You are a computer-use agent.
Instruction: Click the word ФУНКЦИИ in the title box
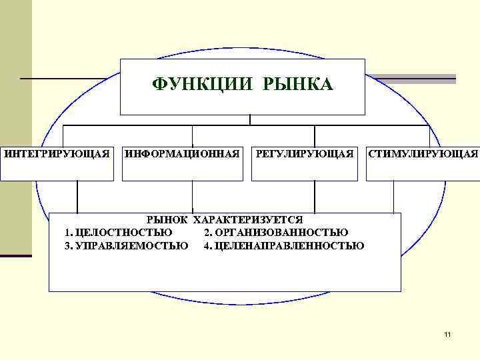point(203,85)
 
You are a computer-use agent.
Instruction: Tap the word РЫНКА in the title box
point(298,85)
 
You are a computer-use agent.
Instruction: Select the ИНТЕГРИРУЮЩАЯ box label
point(57,154)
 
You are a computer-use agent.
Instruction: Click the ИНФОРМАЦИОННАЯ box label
point(182,154)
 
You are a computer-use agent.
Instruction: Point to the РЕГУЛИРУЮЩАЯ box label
point(305,154)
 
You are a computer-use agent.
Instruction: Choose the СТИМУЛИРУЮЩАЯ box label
point(424,154)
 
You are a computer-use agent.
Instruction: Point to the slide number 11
point(447,334)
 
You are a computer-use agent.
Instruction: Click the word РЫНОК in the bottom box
point(169,219)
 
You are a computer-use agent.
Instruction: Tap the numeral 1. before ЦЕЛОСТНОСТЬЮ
point(69,233)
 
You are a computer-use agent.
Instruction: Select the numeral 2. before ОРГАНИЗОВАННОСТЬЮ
point(209,233)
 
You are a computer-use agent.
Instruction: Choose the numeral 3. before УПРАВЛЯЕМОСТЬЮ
point(69,245)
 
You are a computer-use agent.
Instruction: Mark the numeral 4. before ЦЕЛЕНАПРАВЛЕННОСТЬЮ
point(208,245)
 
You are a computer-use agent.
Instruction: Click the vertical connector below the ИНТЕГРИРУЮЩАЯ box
point(77,197)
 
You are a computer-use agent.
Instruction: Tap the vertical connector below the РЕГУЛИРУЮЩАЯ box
point(313,197)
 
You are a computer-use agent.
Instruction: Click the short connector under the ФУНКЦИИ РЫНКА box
point(250,120)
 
